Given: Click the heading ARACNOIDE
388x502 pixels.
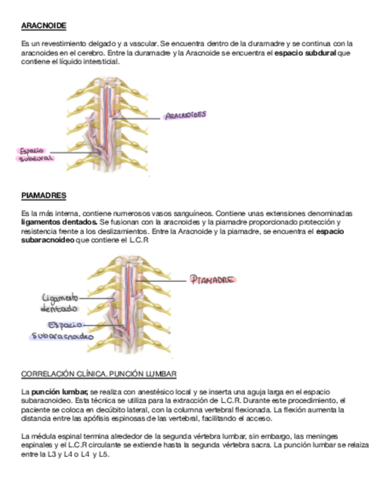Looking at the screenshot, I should point(43,26).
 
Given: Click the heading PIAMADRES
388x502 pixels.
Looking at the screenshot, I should point(43,195).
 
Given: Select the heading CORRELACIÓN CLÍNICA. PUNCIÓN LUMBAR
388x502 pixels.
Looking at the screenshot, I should point(98,375).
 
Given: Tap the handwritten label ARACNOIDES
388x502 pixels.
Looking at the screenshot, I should point(186,115).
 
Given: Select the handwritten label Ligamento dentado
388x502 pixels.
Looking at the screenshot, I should point(60,303).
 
